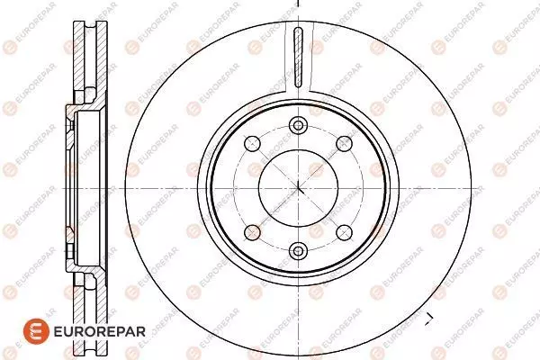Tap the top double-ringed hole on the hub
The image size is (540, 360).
pyautogui.click(x=298, y=125)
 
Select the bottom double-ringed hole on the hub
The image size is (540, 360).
pyautogui.click(x=298, y=251)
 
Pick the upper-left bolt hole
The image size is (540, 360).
pyautogui.click(x=252, y=144)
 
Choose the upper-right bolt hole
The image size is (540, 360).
pyautogui.click(x=344, y=144)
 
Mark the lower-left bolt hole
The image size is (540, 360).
pyautogui.click(x=252, y=232)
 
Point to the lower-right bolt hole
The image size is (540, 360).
pyautogui.click(x=344, y=232)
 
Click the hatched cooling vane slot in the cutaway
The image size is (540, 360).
pyautogui.click(x=298, y=58)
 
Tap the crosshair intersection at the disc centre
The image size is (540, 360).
pyautogui.click(x=298, y=188)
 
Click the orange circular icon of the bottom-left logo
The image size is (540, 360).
pyautogui.click(x=36, y=331)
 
